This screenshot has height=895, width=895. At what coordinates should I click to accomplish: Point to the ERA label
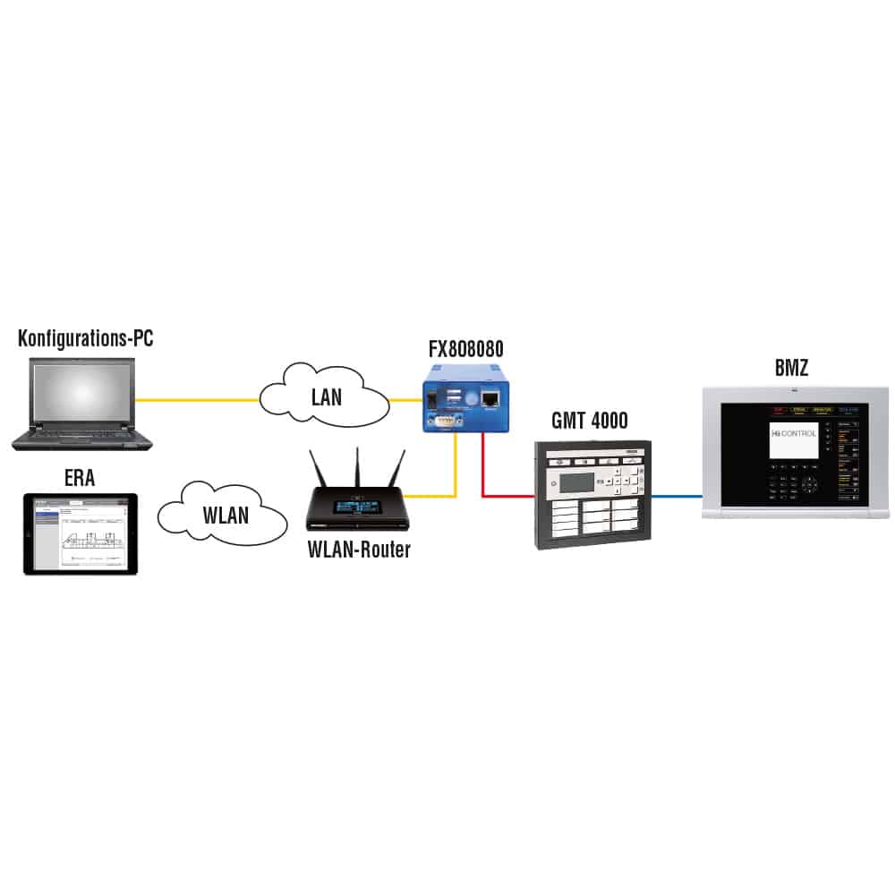point(80,479)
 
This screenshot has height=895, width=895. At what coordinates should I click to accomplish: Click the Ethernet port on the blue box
point(490,400)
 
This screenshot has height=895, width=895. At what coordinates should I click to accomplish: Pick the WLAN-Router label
point(358,550)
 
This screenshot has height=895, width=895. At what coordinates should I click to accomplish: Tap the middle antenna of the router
point(356,466)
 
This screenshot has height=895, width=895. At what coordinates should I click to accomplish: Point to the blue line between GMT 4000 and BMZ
point(677,495)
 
